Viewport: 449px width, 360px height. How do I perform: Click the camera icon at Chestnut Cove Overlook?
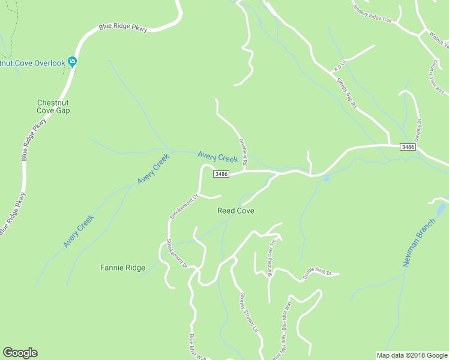[x=73, y=61]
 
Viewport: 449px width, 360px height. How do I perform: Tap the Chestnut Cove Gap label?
[x=54, y=106]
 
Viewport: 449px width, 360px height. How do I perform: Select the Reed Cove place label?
[x=235, y=211]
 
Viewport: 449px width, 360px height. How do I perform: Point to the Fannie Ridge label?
[x=122, y=268]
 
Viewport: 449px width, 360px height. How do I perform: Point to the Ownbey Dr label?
[x=418, y=129]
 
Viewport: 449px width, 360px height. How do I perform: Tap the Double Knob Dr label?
[x=318, y=274]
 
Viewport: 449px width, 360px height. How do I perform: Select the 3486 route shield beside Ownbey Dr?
[x=408, y=147]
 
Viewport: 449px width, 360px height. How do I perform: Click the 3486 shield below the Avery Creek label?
[x=221, y=174]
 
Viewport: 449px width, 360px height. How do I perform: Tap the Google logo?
[x=20, y=353]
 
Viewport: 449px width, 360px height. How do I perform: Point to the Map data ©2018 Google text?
[x=411, y=355]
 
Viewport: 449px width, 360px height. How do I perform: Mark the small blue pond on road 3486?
[x=326, y=179]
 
